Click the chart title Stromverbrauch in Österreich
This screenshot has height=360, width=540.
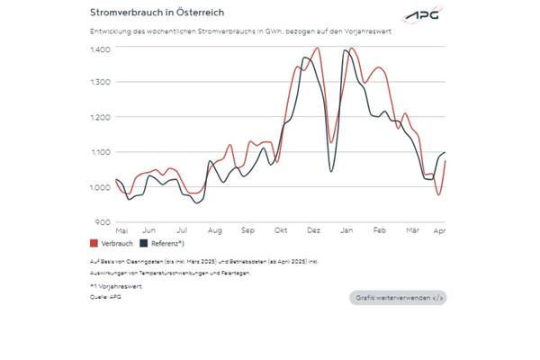[157, 13]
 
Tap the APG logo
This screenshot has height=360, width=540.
[422, 16]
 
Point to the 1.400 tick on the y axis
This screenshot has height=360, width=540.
[100, 48]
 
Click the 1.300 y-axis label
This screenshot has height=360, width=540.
[100, 82]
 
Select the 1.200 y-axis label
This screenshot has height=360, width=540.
[100, 117]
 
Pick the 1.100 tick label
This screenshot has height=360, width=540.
[100, 152]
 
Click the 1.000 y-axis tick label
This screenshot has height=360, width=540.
[100, 187]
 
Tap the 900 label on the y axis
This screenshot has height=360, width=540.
[103, 221]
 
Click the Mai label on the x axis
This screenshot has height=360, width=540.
[121, 231]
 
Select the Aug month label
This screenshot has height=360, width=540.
[215, 231]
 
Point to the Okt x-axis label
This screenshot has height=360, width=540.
[281, 231]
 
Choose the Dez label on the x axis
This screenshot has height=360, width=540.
[313, 231]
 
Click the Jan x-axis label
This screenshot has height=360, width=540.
[346, 231]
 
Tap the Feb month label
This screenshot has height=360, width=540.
[379, 231]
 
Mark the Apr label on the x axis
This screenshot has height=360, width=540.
[440, 231]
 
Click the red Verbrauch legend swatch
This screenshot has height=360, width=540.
[94, 244]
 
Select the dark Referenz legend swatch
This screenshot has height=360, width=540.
[144, 244]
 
